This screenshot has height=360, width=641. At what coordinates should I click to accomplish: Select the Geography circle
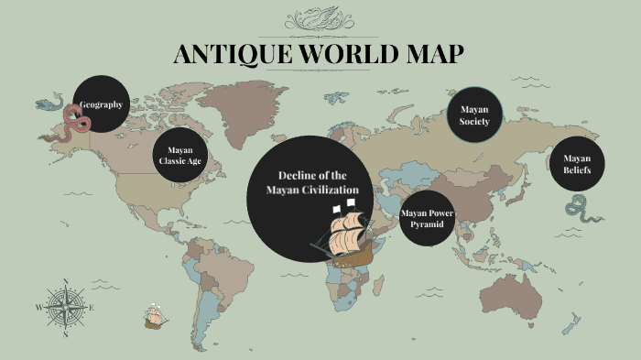[101, 104]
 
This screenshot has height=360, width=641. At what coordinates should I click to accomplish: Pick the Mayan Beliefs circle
[577, 165]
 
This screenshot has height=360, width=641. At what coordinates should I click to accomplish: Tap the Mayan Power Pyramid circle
[428, 218]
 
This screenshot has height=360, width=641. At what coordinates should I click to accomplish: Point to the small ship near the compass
[155, 317]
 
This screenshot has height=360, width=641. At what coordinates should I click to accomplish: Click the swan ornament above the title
[320, 19]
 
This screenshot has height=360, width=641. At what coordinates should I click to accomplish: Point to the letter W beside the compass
[38, 308]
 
